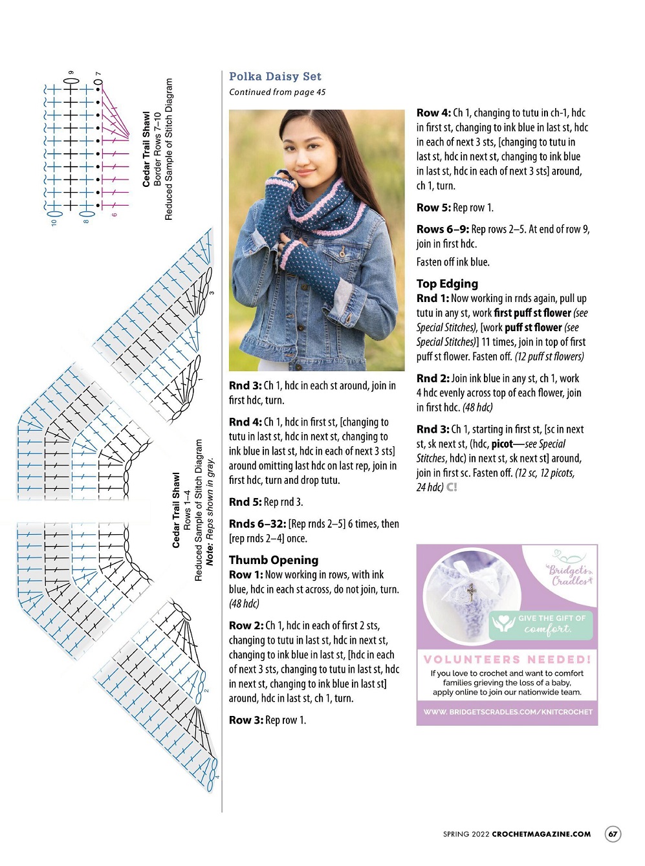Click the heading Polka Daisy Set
click(x=275, y=76)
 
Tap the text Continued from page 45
click(x=277, y=92)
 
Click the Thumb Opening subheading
click(x=274, y=560)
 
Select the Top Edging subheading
click(x=447, y=283)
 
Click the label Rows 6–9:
click(x=443, y=229)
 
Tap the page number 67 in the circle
click(x=612, y=834)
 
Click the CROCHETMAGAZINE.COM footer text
click(x=541, y=834)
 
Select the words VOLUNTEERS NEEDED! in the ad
click(x=507, y=659)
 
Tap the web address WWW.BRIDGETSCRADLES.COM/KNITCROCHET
click(x=508, y=712)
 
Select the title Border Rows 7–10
click(x=157, y=149)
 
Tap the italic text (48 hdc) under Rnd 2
click(x=477, y=407)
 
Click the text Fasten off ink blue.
click(x=453, y=262)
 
